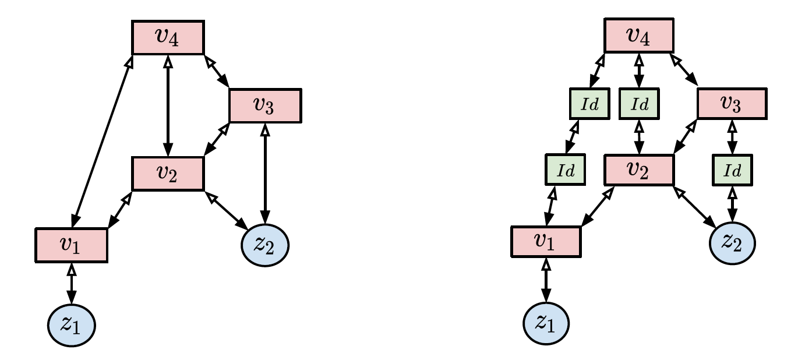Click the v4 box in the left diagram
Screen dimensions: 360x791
click(x=168, y=37)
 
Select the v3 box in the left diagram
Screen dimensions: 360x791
click(x=265, y=105)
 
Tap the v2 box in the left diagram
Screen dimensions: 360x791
click(x=168, y=174)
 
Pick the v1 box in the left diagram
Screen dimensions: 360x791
click(x=72, y=245)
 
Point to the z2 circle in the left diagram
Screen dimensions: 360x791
click(x=266, y=246)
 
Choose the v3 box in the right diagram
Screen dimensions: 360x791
click(x=732, y=105)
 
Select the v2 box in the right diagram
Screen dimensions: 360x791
click(x=639, y=171)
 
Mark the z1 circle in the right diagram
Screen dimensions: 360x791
click(x=546, y=322)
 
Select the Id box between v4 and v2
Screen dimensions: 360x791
click(x=640, y=105)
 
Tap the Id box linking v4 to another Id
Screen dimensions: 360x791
click(x=588, y=105)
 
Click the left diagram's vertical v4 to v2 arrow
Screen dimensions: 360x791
click(x=168, y=105)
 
